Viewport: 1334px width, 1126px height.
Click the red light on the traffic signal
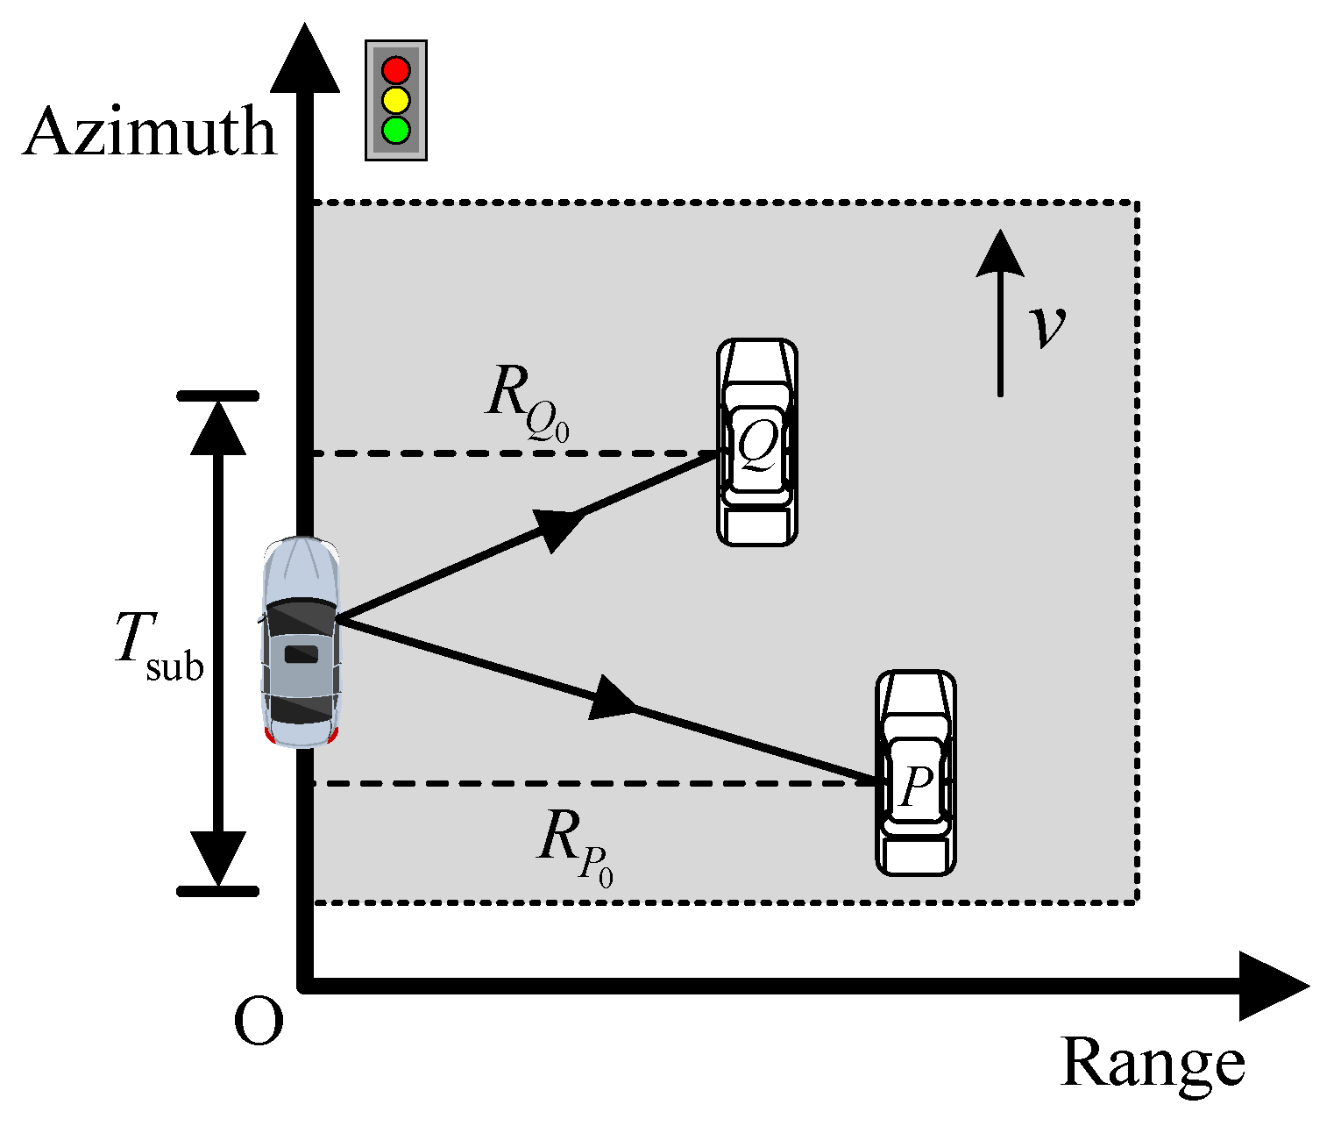point(396,69)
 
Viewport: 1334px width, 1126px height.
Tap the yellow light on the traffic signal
point(396,99)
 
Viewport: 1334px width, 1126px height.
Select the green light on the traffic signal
point(396,130)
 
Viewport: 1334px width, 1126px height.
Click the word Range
point(1152,1065)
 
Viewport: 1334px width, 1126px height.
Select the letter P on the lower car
point(915,785)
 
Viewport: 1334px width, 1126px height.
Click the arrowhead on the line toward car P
point(611,698)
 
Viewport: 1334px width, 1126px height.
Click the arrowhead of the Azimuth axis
point(304,61)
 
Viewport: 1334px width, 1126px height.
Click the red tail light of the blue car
point(270,735)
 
